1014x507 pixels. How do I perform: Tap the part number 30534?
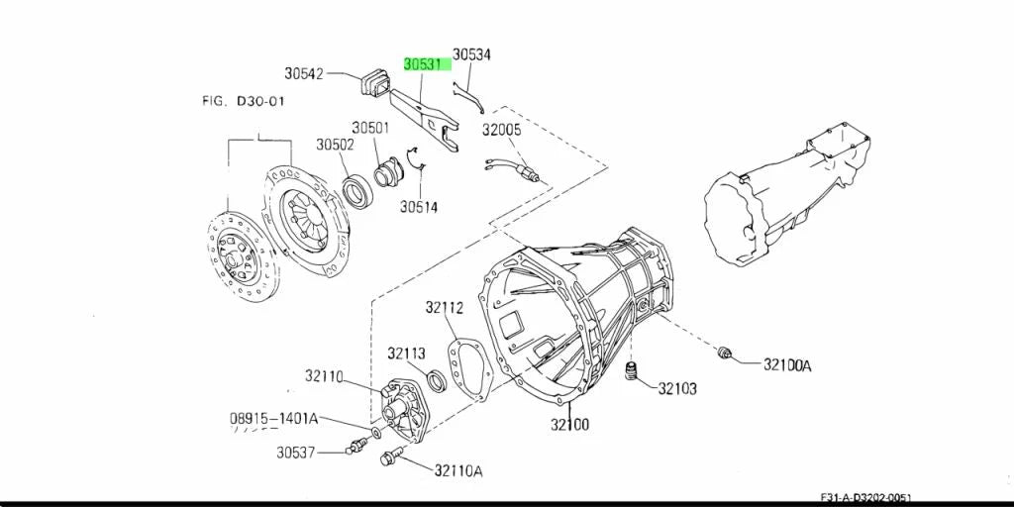470,54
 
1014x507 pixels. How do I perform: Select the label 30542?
303,73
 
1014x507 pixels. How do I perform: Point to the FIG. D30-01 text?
244,101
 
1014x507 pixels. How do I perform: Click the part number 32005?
501,130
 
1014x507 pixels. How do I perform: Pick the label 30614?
419,207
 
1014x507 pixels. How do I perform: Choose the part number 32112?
445,308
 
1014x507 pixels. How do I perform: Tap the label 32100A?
787,365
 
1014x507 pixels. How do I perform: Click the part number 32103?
677,388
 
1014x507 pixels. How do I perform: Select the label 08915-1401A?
273,419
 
